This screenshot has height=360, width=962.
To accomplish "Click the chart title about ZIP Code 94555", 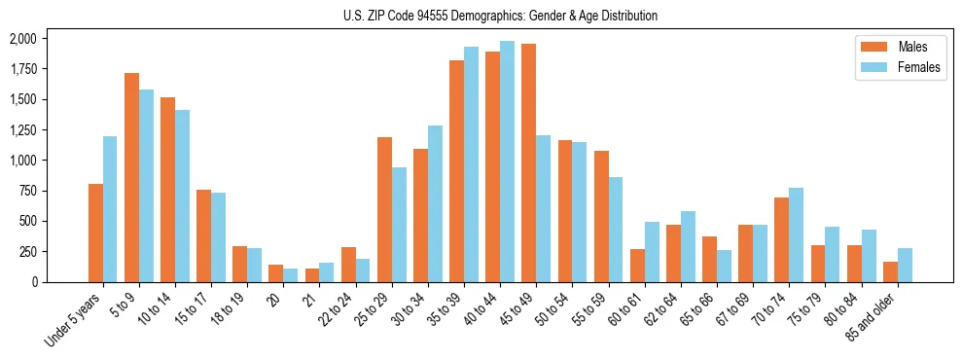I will coord(500,16).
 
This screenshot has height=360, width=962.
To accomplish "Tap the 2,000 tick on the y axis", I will coord(22,39).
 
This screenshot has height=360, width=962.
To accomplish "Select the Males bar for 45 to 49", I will coord(529,162).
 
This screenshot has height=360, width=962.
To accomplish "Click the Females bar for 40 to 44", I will coord(507,162).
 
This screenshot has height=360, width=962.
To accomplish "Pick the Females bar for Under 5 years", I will coord(110,209).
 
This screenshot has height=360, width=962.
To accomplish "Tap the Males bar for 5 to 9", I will coord(132,177).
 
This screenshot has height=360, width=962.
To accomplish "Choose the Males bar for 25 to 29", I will coord(384,209).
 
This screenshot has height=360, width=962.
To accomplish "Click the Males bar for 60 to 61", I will coord(637,266).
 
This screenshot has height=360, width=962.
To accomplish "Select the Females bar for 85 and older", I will coord(904,265).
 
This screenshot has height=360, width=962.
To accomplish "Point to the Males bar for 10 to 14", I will coord(168,190).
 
